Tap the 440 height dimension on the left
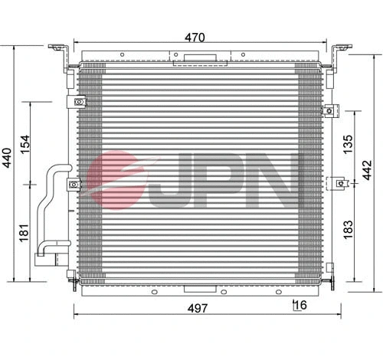click(x=10, y=158)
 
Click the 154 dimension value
click(x=25, y=144)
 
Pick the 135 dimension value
click(x=348, y=144)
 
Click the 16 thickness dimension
click(x=300, y=306)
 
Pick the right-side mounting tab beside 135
click(x=332, y=110)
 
